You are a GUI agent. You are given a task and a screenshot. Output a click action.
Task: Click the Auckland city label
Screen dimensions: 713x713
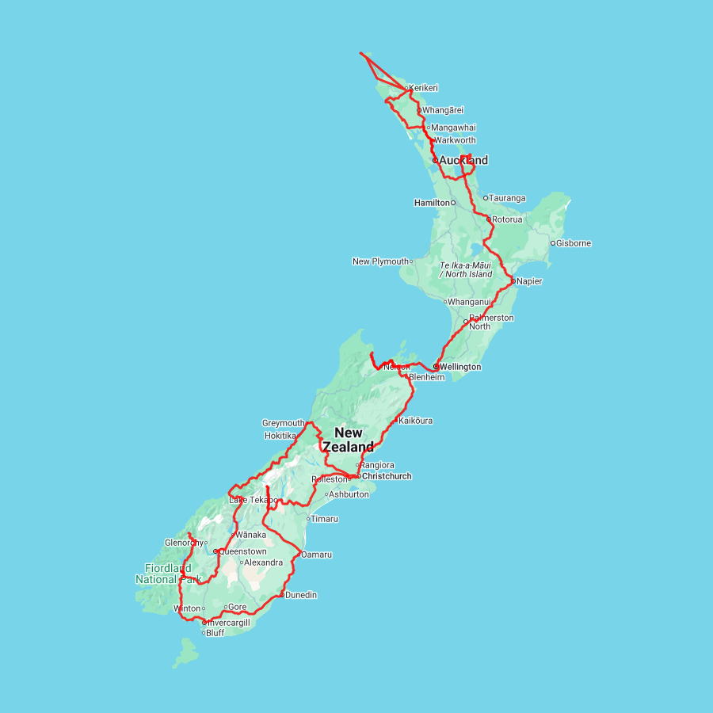[x=463, y=160]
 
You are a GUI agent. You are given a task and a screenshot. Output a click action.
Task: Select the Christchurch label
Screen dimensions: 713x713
[x=387, y=476]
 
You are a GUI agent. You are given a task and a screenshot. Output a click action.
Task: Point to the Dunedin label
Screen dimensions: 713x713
[x=301, y=594]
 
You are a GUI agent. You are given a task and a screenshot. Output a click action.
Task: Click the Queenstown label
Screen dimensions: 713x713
[x=242, y=551]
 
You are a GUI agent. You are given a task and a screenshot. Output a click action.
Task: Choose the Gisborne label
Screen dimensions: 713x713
[x=574, y=243]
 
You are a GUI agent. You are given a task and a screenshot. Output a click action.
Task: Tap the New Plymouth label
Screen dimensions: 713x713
[x=380, y=261]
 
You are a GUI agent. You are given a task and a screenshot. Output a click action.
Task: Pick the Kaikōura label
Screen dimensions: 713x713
[x=415, y=421]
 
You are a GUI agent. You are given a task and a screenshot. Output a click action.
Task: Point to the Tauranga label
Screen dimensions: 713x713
[x=507, y=197]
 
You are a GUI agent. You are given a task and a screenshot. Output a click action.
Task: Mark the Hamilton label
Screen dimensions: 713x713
[x=432, y=203]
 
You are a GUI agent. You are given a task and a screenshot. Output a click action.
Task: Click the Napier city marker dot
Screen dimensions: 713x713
[x=513, y=280]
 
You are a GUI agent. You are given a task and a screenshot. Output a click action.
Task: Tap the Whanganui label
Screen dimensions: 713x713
[x=470, y=301]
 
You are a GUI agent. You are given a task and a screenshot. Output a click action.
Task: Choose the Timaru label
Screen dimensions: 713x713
[x=325, y=519]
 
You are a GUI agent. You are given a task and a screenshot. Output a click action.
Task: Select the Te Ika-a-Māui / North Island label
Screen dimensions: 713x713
[x=466, y=269]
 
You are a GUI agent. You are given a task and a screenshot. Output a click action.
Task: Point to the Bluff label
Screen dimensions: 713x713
[x=215, y=633]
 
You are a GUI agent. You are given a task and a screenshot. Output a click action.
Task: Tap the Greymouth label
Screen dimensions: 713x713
[x=283, y=423]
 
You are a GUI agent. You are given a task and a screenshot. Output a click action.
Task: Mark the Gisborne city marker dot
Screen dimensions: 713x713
[x=552, y=243]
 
